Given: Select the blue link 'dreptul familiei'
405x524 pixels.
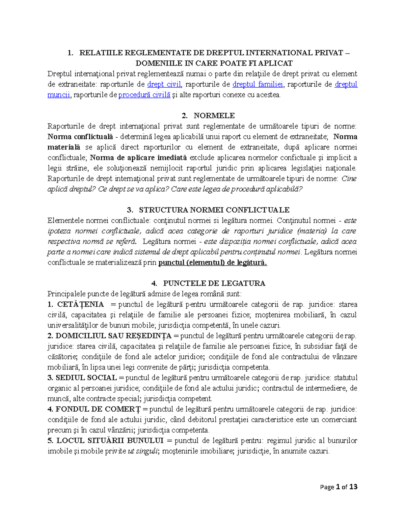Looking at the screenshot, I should click(258, 84).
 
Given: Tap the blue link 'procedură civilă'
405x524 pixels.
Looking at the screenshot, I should click(144, 95).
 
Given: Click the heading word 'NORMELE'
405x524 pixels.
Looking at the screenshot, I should click(214, 116).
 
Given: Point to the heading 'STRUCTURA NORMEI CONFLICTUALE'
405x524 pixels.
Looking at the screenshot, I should click(214, 210).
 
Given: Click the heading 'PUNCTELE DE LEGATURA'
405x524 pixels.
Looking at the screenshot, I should click(214, 283).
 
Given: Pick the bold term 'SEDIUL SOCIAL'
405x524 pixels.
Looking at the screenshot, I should click(86, 378).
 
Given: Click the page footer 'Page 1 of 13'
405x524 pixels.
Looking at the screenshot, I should click(339, 487).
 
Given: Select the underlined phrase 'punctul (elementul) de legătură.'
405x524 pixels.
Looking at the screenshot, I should click(213, 263).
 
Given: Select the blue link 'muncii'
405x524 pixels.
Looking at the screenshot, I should click(59, 95).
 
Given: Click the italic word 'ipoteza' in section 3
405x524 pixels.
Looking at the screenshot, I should click(59, 231).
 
